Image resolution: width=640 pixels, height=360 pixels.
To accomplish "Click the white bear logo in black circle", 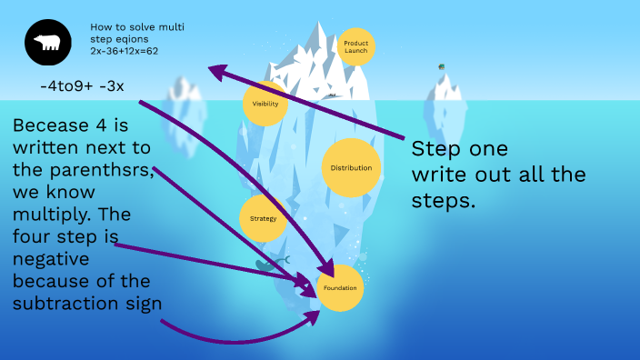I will tap(46, 43).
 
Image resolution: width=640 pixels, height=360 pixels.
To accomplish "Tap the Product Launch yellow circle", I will tap(355, 46).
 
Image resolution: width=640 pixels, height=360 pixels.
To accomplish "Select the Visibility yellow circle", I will tap(265, 104).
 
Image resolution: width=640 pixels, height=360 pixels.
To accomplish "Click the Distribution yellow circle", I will tap(351, 168).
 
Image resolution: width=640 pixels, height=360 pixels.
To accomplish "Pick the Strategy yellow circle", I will tap(263, 219).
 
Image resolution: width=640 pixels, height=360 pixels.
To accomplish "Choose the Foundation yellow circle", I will tap(340, 288).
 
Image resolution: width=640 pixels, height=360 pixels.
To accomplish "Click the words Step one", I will tap(459, 148).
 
